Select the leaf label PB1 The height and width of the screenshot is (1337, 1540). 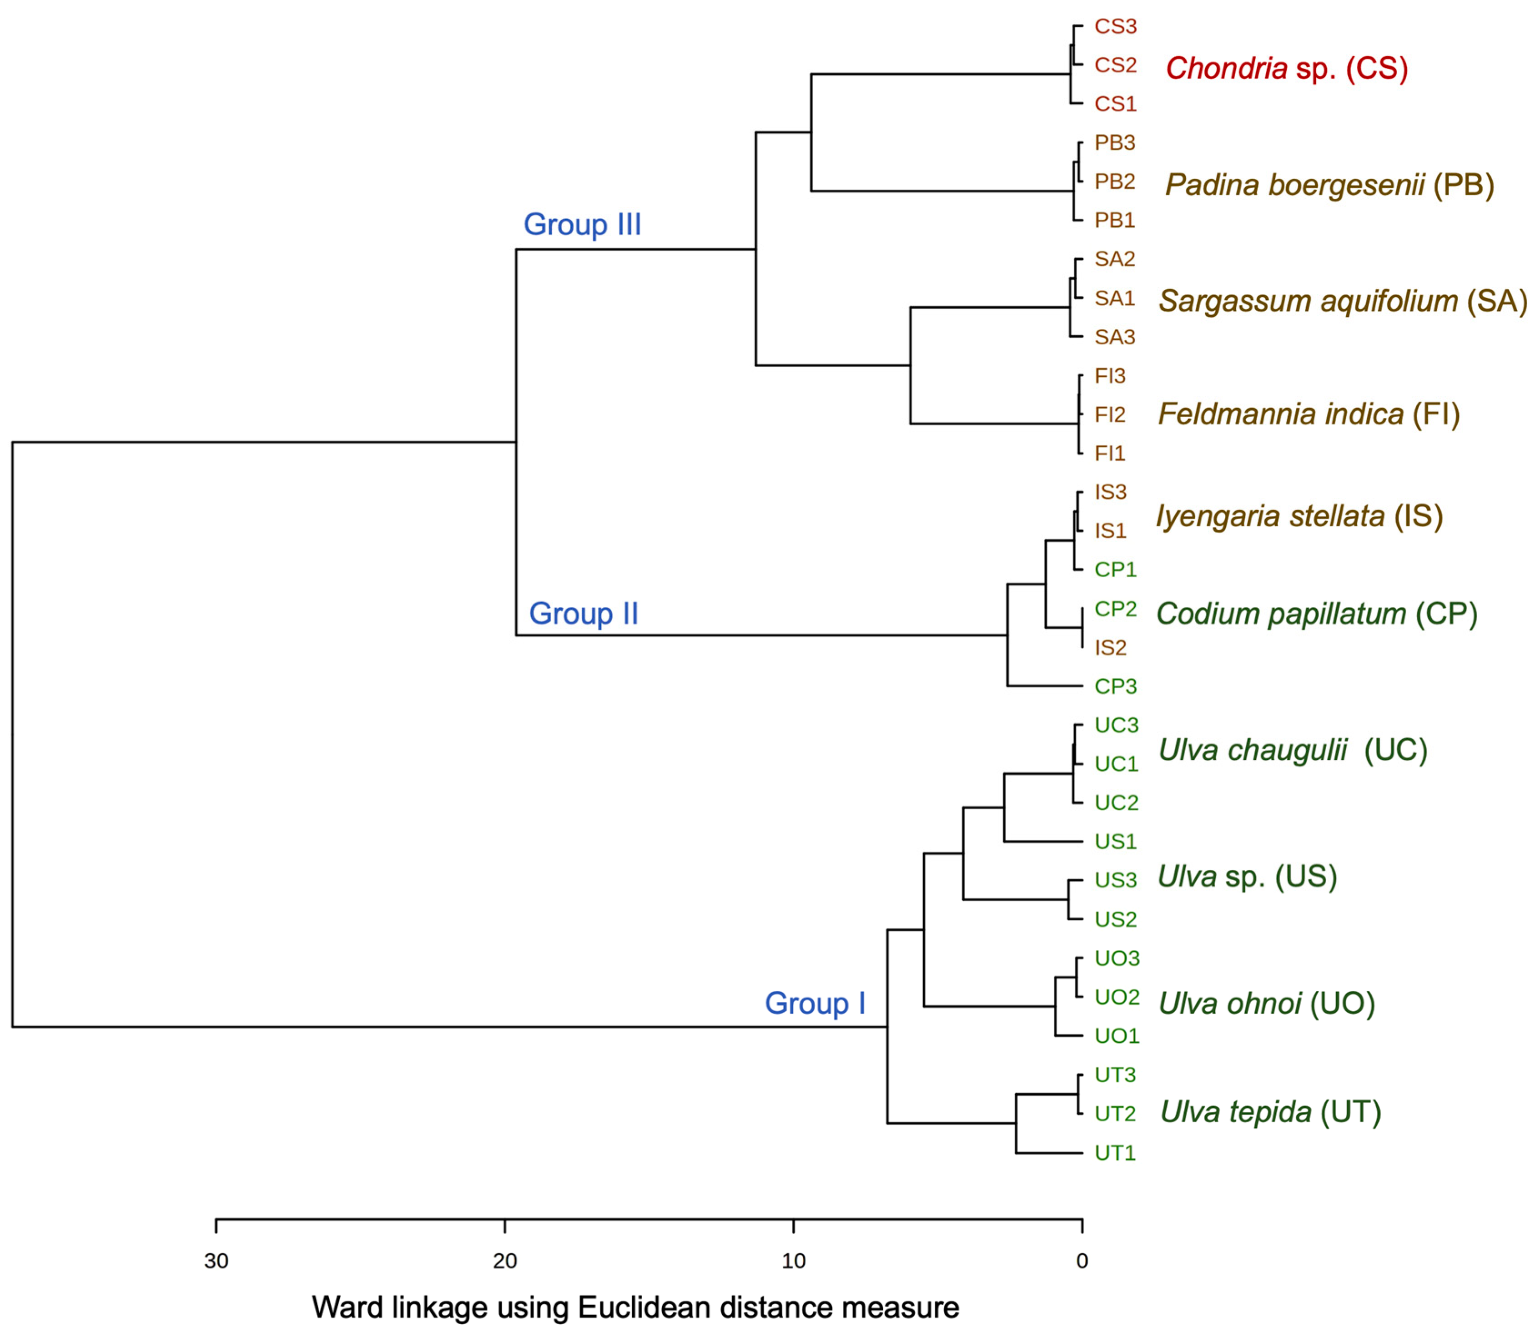[x=1114, y=221]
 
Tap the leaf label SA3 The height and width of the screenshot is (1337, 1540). [x=1114, y=337]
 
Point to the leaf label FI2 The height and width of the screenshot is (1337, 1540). [x=1110, y=415]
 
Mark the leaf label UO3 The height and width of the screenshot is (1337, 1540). [x=1117, y=958]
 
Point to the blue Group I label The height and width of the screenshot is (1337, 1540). [x=815, y=1004]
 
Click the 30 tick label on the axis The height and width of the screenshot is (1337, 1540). [x=216, y=1261]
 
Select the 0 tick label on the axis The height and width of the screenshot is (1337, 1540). [x=1082, y=1261]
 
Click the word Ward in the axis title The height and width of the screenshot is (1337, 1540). [x=345, y=1308]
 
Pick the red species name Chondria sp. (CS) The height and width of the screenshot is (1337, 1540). [x=1286, y=69]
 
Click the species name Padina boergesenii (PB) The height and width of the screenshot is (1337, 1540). [x=1329, y=185]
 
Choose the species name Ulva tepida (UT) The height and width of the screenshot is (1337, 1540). [x=1270, y=1112]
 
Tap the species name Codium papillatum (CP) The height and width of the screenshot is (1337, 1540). [x=1316, y=614]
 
